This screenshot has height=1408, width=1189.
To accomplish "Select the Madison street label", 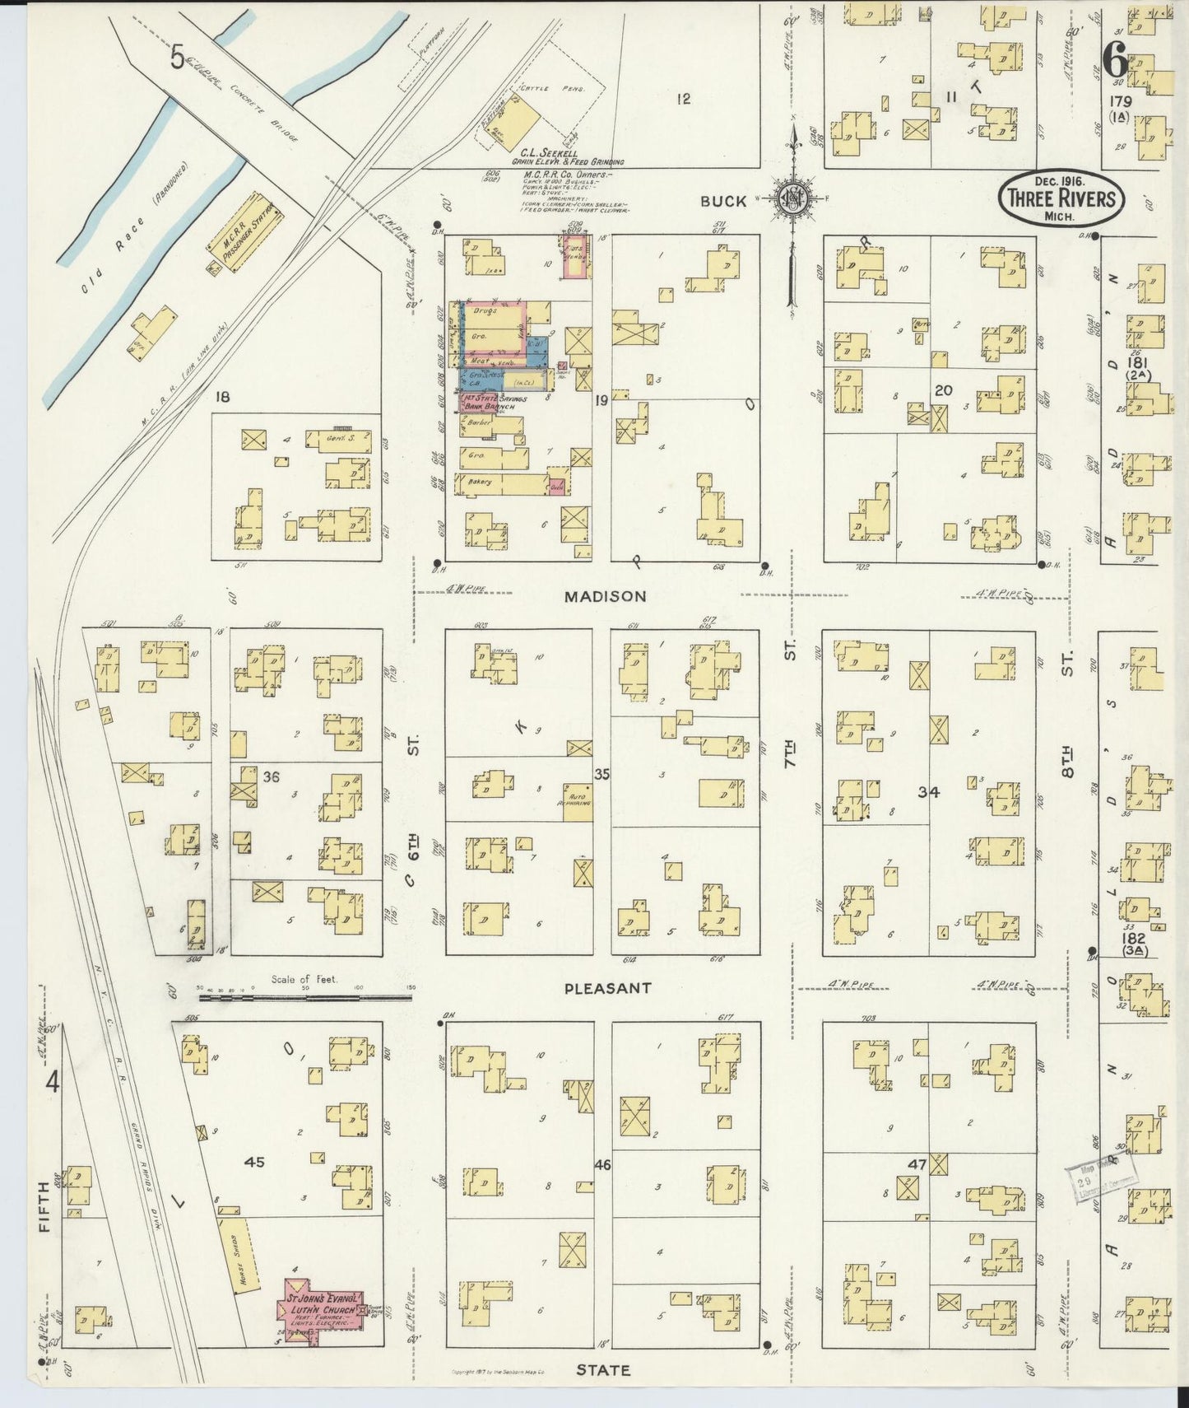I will coord(605,596).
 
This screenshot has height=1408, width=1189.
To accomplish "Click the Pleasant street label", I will coord(608,987).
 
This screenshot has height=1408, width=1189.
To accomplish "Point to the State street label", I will coord(602,1370).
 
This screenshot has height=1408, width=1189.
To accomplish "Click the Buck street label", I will coord(724,201).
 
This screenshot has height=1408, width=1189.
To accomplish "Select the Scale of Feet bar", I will coord(304,997).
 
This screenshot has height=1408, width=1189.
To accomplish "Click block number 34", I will coord(929,792).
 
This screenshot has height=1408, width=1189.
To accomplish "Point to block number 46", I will coord(602,1165).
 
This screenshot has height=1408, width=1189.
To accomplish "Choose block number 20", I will coord(943,390).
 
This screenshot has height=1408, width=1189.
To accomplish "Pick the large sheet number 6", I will coord(1116,58).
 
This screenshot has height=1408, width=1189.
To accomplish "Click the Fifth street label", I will coord(43,1208).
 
